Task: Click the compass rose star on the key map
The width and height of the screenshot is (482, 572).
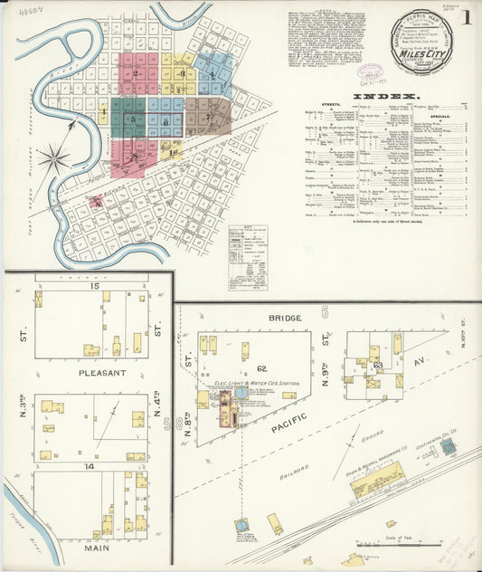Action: click(x=54, y=158)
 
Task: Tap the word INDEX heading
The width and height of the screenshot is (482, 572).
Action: click(x=386, y=96)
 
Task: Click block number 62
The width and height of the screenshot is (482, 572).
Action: click(x=262, y=368)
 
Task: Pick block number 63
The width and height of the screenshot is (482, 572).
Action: click(x=378, y=366)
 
